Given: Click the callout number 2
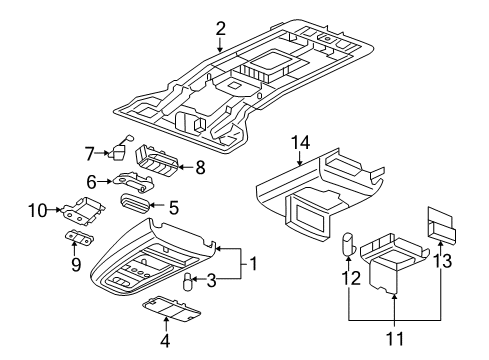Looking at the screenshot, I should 220,28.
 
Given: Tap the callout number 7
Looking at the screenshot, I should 89,153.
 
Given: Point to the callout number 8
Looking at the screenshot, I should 200,168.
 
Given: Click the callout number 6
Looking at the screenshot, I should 90,182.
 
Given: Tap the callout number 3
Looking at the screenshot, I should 211,281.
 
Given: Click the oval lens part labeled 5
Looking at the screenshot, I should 135,205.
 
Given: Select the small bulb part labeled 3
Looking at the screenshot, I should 188,281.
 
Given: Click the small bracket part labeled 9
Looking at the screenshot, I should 78,239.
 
